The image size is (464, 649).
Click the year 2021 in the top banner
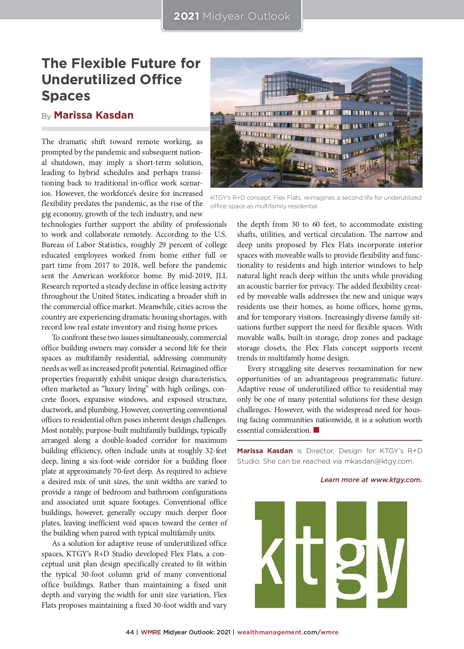186,16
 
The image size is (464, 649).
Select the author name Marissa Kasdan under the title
94,115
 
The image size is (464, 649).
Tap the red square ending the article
316,430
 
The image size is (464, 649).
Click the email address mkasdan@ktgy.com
379,461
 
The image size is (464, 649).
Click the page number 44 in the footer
130,632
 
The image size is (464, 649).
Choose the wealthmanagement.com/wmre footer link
288,632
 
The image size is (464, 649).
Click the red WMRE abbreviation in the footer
151,632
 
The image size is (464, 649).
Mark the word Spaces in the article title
66,96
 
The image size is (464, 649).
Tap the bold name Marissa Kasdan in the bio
265,451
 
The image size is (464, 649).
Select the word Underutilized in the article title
112,80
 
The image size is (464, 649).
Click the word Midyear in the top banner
223,16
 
